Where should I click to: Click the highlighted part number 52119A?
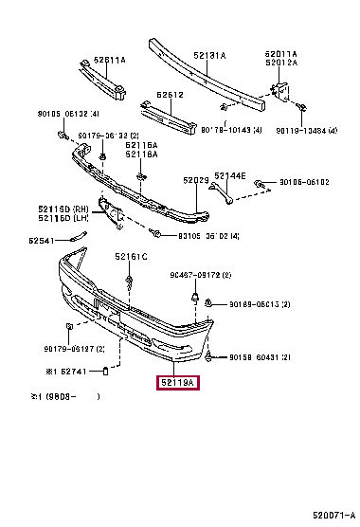pos(176,384)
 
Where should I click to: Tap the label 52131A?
pos(210,56)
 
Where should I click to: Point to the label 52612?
pos(170,95)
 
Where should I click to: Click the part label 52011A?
pos(281,54)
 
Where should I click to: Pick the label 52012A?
pos(281,63)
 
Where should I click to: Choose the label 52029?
pos(196,179)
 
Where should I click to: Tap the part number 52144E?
pos(229,176)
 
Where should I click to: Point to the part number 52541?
pos(42,241)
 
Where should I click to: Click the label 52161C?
pos(132,256)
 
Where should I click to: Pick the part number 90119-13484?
pos(306,131)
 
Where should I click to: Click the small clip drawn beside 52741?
pos(107,371)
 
